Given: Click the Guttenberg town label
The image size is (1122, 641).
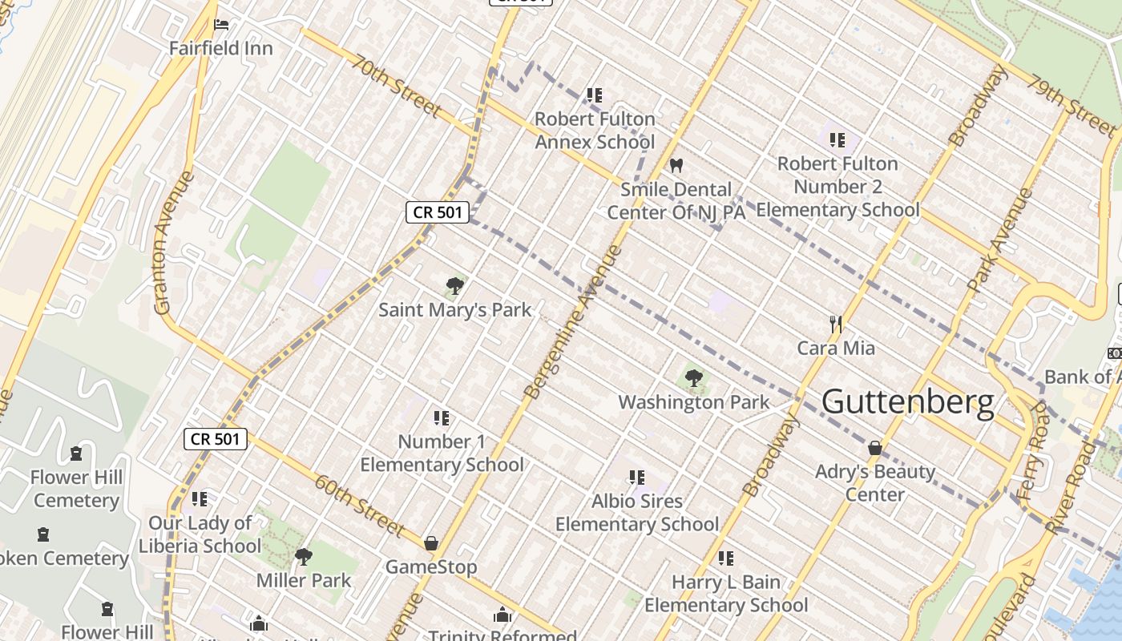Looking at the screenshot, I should click(x=907, y=401).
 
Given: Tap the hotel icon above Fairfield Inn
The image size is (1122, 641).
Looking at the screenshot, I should click(x=222, y=25).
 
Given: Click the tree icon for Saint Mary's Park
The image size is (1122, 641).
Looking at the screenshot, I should click(x=454, y=285).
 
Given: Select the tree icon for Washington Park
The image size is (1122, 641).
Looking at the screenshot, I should click(x=694, y=377).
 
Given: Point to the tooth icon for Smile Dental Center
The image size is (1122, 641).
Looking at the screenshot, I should click(x=676, y=166).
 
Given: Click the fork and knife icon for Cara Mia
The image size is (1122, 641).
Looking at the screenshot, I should click(x=836, y=324).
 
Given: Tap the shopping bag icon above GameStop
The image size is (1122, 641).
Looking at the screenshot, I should click(x=431, y=543).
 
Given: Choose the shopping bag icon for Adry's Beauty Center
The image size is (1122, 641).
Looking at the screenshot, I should click(x=875, y=447).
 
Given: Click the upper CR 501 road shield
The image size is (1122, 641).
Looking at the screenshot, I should click(x=437, y=212).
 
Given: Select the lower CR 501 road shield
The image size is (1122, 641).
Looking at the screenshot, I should click(x=216, y=439).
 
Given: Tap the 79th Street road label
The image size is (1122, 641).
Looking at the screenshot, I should click(x=1072, y=107).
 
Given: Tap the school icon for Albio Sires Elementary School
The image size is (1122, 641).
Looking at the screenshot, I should click(x=637, y=478).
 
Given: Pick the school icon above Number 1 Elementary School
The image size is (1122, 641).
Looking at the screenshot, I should click(x=441, y=417).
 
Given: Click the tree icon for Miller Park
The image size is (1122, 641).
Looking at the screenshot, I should click(x=303, y=556).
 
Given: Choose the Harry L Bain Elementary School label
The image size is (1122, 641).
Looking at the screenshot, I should click(x=726, y=593).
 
